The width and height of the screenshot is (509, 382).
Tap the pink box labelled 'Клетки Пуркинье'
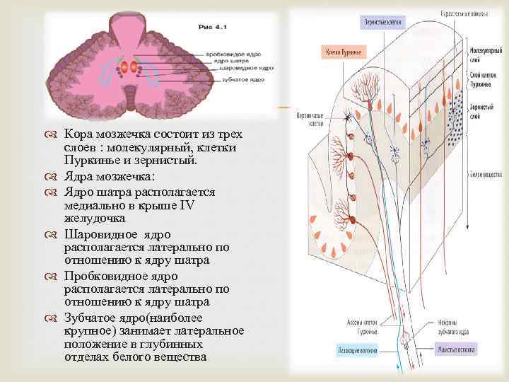[x=343, y=52]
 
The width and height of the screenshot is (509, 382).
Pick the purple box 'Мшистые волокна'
[x=456, y=349]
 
